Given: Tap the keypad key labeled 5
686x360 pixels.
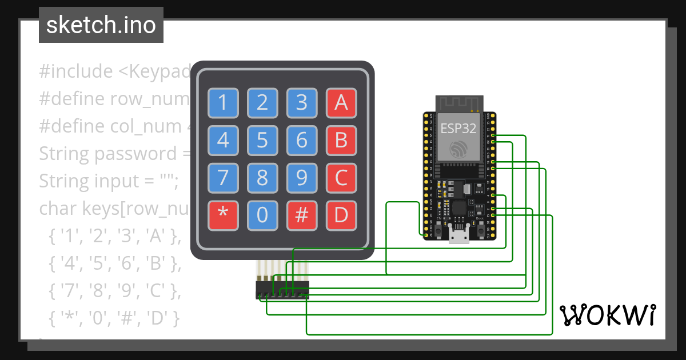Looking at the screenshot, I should pyautogui.click(x=262, y=140).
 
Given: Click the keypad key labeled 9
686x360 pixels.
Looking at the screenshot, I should pyautogui.click(x=302, y=178).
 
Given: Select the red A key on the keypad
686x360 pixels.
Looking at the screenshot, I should pyautogui.click(x=341, y=103).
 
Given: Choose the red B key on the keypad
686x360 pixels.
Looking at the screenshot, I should pyautogui.click(x=341, y=140).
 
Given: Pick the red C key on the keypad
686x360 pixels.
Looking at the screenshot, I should pyautogui.click(x=341, y=178).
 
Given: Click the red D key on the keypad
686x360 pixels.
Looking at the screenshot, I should pyautogui.click(x=341, y=215).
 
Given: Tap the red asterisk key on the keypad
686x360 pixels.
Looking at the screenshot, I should pyautogui.click(x=223, y=215).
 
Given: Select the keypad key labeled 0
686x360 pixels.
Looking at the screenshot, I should pyautogui.click(x=262, y=215).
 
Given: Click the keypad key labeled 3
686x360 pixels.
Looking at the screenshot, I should pyautogui.click(x=302, y=103).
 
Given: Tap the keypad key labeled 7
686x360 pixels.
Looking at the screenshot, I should pyautogui.click(x=223, y=178).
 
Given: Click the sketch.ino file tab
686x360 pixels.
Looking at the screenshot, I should pyautogui.click(x=101, y=25).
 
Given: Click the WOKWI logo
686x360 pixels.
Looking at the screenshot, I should pyautogui.click(x=607, y=315).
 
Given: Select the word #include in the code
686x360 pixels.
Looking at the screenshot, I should pyautogui.click(x=76, y=71).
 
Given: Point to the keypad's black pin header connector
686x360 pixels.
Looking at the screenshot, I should pyautogui.click(x=282, y=289).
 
